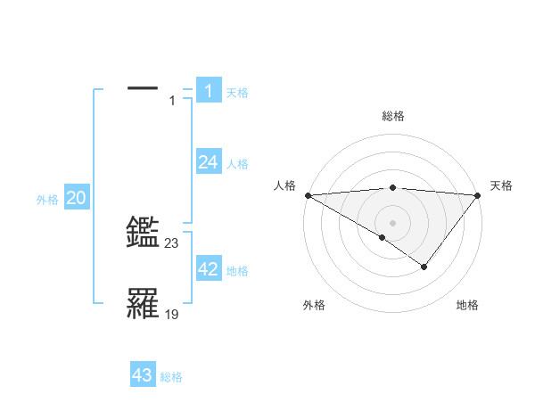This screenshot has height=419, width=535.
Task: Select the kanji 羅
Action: [x=143, y=304]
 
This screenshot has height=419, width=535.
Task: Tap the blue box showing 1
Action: [x=208, y=90]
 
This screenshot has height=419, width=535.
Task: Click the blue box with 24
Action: [x=208, y=161]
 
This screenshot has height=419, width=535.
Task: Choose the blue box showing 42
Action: [x=208, y=269]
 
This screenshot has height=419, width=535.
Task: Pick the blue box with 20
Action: [x=76, y=198]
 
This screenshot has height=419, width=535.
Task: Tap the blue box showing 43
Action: [x=143, y=375]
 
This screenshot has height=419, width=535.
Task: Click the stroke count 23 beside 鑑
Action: [x=172, y=242]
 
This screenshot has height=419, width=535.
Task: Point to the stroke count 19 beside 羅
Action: [x=172, y=314]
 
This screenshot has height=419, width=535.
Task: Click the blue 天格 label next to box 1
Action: [x=237, y=93]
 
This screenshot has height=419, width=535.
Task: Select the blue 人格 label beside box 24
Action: [x=237, y=164]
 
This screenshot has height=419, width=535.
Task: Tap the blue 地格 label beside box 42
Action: [x=237, y=271]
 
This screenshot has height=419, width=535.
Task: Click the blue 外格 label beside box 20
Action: [x=47, y=201]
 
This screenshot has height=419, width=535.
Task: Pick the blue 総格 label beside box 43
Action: [x=171, y=378]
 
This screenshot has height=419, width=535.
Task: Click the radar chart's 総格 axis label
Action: [x=393, y=116]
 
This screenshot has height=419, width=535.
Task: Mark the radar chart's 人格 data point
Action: [x=308, y=194]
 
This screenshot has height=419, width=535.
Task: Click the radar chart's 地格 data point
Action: [x=424, y=267]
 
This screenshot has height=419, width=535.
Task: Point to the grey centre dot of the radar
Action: [x=393, y=222]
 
